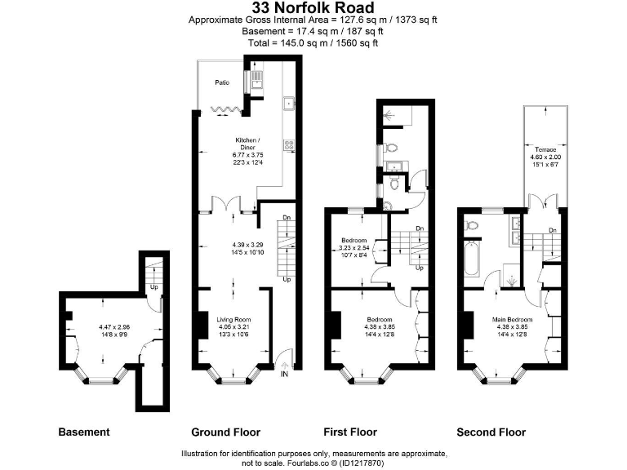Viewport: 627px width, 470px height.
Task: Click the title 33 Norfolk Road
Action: (313, 7)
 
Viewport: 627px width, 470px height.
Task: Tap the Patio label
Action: (221, 82)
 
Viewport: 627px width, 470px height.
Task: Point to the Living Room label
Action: (233, 319)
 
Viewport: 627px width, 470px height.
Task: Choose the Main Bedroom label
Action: (513, 319)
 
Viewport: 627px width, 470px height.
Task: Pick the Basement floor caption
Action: (83, 432)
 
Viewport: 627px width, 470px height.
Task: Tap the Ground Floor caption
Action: (225, 432)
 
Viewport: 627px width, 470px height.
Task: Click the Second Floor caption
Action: (491, 432)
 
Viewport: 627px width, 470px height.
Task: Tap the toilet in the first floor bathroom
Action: (390, 149)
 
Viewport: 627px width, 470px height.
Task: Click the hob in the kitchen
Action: (288, 145)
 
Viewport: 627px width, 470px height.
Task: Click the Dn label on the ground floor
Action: (286, 218)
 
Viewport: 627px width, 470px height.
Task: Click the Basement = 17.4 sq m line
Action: (313, 30)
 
